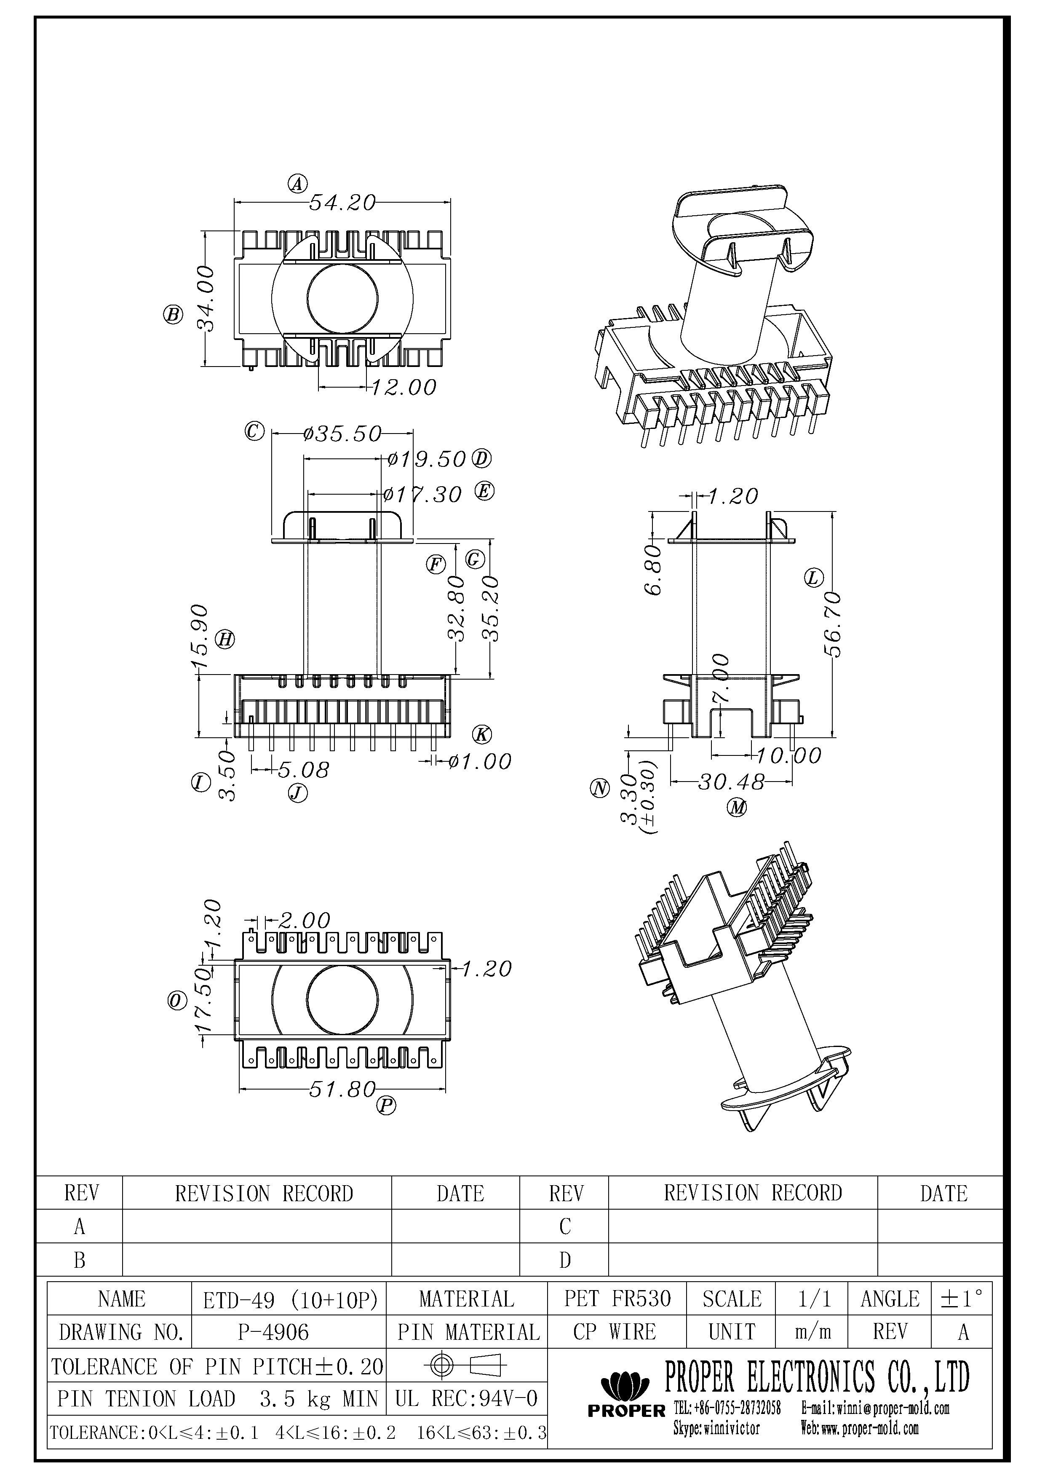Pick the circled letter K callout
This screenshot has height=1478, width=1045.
482,734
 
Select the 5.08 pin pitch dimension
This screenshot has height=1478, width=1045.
303,769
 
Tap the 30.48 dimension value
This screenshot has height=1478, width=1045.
731,782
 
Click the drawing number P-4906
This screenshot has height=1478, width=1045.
273,1332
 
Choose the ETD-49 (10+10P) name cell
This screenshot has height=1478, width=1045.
289,1299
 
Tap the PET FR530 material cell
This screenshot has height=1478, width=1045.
617,1299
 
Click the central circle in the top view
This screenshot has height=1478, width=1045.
342,297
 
